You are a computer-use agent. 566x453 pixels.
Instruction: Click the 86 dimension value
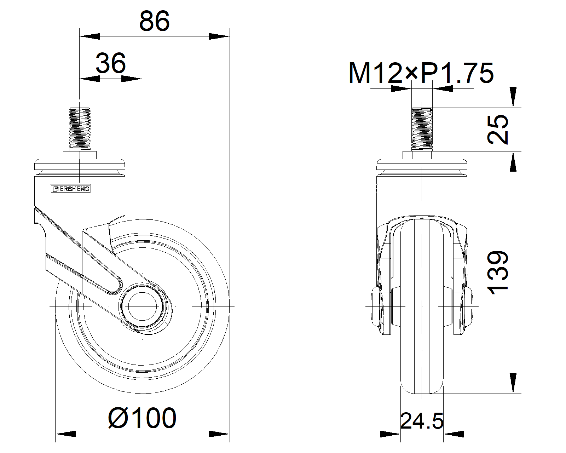pos(154,21)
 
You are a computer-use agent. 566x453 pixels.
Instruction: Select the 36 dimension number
pos(111,63)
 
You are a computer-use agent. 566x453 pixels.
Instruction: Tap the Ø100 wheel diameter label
pos(142,418)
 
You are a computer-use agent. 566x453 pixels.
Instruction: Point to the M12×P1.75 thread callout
pos(421,73)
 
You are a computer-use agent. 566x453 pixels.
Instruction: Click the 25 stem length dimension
pos(497,130)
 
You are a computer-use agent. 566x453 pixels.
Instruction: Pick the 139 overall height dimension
pos(497,273)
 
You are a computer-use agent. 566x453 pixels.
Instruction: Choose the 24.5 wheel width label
pos(422,421)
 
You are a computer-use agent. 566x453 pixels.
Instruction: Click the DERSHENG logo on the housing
pos(70,189)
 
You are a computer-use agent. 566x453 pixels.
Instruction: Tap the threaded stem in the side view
pos(80,129)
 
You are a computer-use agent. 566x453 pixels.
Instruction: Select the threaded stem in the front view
pos(422,129)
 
